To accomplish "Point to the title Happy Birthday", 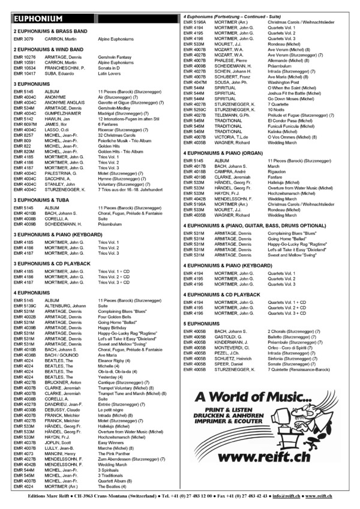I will coord(113,328).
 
